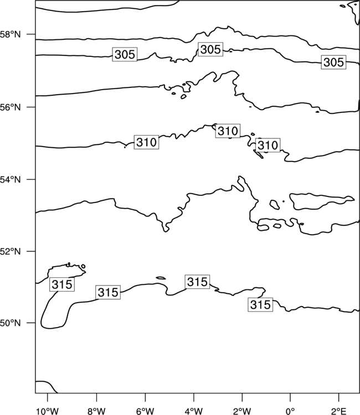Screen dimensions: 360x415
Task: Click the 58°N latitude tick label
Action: pyautogui.click(x=10, y=34)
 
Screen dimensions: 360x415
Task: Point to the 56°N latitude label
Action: pyautogui.click(x=10, y=107)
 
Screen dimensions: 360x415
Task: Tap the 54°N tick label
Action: pyautogui.click(x=10, y=180)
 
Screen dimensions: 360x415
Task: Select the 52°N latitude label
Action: pyautogui.click(x=10, y=251)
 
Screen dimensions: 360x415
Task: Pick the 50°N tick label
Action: pyautogui.click(x=10, y=323)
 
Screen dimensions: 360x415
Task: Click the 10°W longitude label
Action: pyautogui.click(x=48, y=411)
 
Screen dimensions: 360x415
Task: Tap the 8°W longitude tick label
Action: pyautogui.click(x=96, y=411)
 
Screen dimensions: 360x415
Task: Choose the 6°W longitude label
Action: pyautogui.click(x=145, y=411)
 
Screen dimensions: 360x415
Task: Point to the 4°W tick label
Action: pyautogui.click(x=193, y=411)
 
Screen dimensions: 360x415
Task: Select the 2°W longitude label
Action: pyautogui.click(x=242, y=411)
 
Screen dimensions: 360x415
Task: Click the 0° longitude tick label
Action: pyautogui.click(x=290, y=411)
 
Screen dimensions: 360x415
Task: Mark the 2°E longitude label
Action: pyautogui.click(x=338, y=411)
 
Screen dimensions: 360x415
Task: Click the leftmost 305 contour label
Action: pyautogui.click(x=125, y=55)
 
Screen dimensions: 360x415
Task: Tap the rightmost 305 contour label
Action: pyautogui.click(x=333, y=63)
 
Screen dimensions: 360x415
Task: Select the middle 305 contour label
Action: pyautogui.click(x=210, y=49)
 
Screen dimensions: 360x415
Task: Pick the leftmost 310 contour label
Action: pyautogui.click(x=146, y=142)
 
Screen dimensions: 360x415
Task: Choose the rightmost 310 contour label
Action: pyautogui.click(x=268, y=145)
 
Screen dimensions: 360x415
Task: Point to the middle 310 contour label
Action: pyautogui.click(x=228, y=131)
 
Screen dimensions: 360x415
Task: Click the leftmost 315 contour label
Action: pyautogui.click(x=62, y=284)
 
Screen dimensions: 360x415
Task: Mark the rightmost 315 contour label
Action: pyautogui.click(x=260, y=305)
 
